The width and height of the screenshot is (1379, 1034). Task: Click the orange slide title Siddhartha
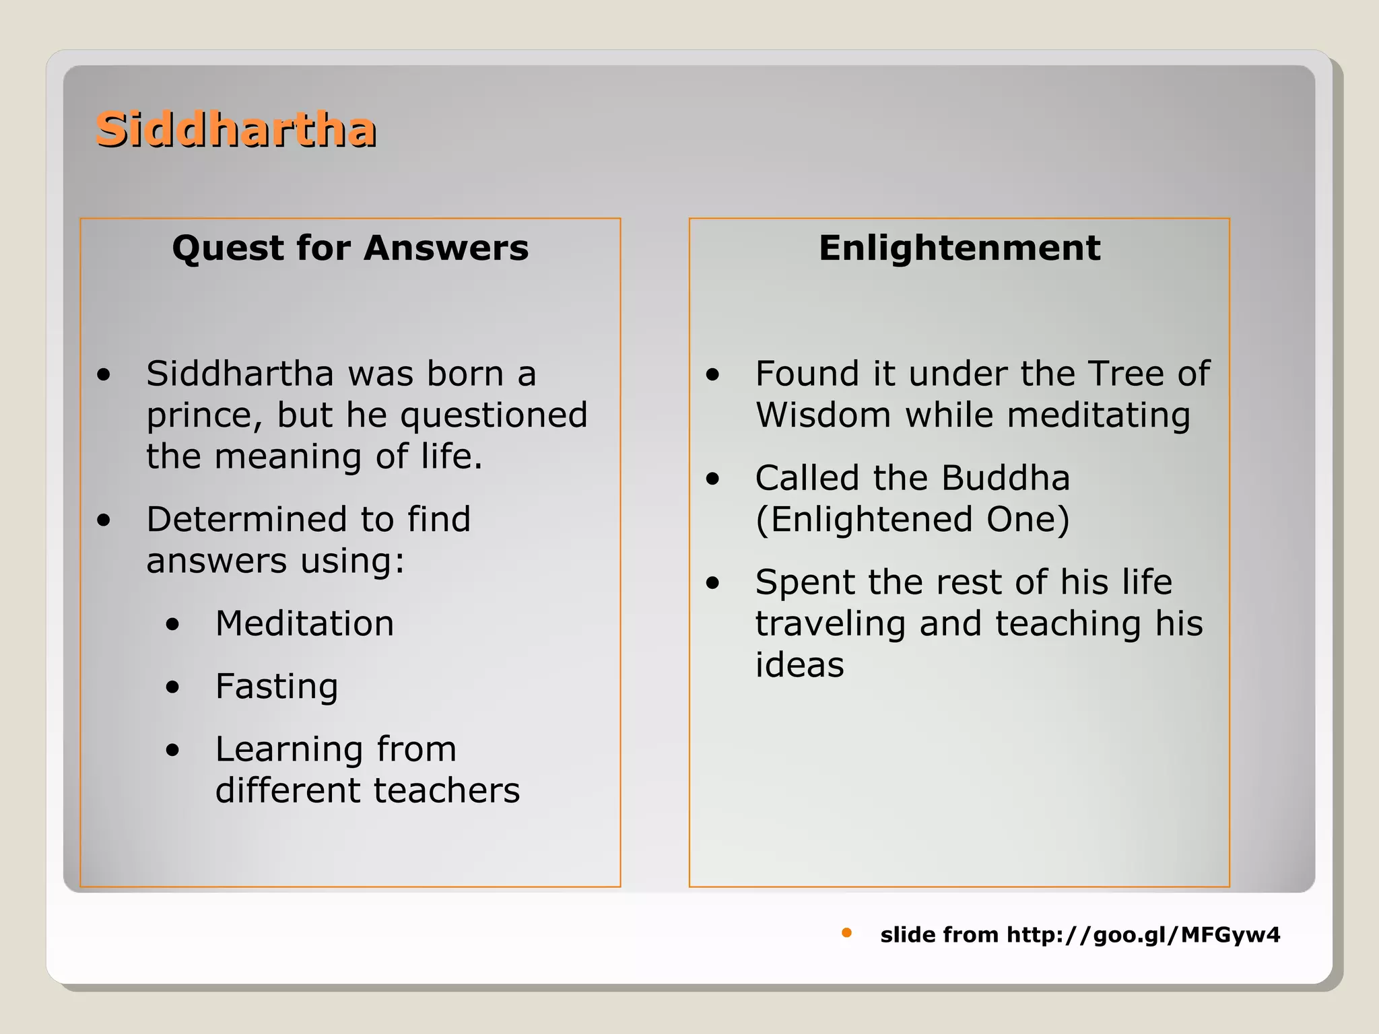236,129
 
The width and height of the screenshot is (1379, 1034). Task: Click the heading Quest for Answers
350,248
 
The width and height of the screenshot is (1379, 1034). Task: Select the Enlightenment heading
959,248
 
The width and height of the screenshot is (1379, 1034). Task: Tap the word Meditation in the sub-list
304,623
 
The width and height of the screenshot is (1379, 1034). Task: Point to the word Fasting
276,687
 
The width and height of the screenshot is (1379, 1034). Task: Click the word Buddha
1005,478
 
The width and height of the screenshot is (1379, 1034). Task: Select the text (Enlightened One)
912,520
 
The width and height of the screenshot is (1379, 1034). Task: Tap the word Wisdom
823,415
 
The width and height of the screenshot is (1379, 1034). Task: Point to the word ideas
799,665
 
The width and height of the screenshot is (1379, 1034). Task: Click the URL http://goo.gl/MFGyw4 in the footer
1143,934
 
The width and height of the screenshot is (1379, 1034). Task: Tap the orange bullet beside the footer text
846,932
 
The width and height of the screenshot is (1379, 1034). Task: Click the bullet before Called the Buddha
712,479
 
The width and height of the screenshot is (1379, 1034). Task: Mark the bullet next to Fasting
173,687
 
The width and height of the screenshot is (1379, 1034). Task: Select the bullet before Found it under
712,375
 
